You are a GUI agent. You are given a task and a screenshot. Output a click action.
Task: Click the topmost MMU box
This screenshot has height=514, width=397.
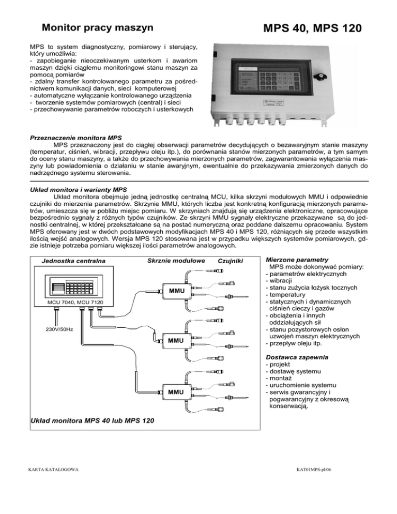(x=175, y=292)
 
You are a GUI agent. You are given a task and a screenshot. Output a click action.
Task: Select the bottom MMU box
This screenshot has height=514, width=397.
(x=175, y=391)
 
